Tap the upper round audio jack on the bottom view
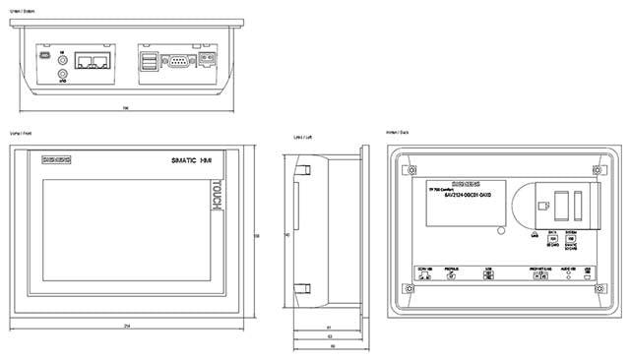click(64, 58)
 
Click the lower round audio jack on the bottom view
click(64, 73)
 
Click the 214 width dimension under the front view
click(128, 326)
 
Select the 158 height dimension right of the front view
click(257, 236)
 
